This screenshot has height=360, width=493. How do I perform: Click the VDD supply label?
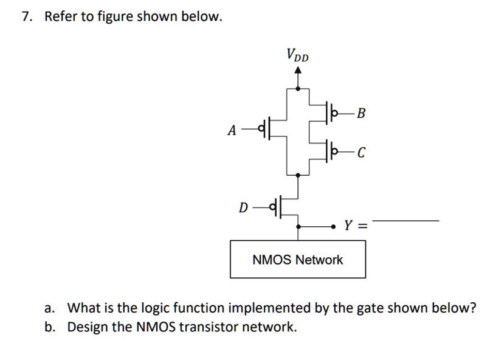click(x=297, y=55)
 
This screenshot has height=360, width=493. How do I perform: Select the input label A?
click(x=231, y=130)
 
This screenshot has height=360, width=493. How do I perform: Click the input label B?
click(x=362, y=113)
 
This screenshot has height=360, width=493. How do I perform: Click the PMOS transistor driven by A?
click(x=266, y=129)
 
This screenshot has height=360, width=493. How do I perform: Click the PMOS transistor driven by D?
click(x=281, y=207)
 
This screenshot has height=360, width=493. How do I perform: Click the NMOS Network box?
click(x=297, y=260)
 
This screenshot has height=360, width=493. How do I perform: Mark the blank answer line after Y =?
click(x=405, y=220)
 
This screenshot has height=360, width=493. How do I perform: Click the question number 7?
click(x=26, y=17)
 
